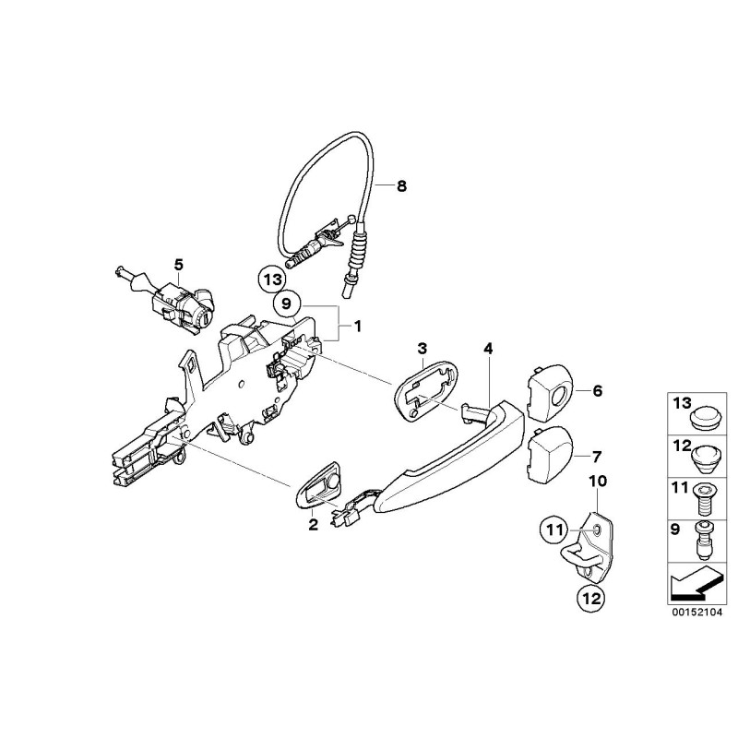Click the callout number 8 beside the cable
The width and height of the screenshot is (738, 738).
click(x=400, y=185)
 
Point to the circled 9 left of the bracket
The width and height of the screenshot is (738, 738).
click(x=285, y=303)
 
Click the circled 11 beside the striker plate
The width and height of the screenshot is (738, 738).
click(x=553, y=530)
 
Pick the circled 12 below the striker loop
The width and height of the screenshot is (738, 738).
click(x=589, y=598)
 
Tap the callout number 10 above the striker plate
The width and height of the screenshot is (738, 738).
click(x=595, y=482)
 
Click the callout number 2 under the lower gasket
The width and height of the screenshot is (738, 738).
click(x=313, y=525)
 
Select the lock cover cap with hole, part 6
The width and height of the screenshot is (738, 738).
click(x=551, y=391)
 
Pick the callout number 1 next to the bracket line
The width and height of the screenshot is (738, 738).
click(x=358, y=326)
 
